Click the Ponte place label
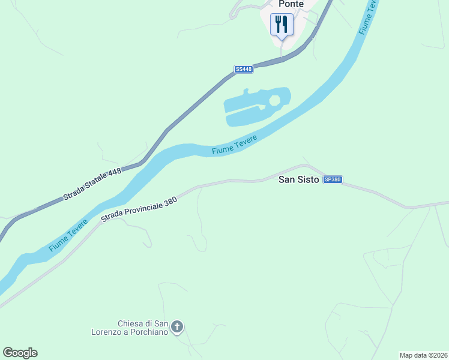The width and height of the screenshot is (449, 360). point(291,4)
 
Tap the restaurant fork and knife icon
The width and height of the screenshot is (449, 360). point(282,24)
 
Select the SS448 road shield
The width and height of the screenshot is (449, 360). point(244,70)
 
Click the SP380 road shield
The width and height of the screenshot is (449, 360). point(333,179)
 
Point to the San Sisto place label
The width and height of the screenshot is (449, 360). point(298,179)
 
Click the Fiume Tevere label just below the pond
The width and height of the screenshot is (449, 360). point(234,146)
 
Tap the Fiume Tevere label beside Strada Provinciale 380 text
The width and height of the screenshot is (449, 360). point(68,235)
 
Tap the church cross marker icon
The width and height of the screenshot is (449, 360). point(177,327)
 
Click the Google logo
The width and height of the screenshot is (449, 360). point(20,353)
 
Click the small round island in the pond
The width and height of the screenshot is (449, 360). point(274,100)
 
